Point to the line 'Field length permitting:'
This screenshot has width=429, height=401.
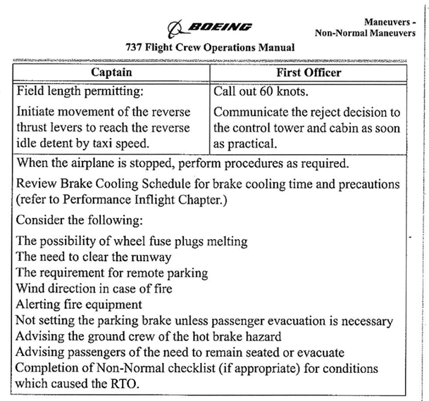(81, 91)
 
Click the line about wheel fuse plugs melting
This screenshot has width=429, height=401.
(132, 241)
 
